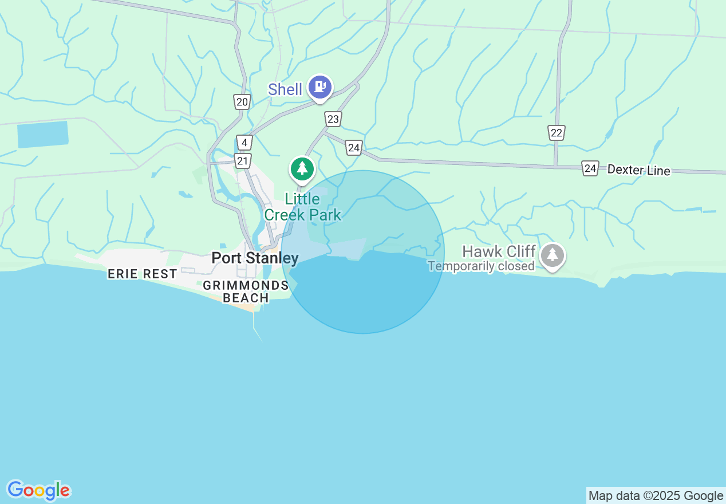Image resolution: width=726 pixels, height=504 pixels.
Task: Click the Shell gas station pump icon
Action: pyautogui.click(x=320, y=87)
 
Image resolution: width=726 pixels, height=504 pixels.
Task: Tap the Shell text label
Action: pyautogui.click(x=285, y=89)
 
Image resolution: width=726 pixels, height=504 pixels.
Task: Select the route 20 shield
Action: pyautogui.click(x=242, y=102)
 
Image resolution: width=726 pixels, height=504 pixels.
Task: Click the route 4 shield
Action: pyautogui.click(x=244, y=143)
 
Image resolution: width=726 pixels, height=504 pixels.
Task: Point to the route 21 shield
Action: pyautogui.click(x=243, y=161)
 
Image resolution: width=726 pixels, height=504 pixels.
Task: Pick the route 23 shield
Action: pyautogui.click(x=333, y=119)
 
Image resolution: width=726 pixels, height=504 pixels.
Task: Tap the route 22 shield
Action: pyautogui.click(x=556, y=133)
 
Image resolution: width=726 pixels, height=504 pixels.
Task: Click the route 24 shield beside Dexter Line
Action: pyautogui.click(x=590, y=168)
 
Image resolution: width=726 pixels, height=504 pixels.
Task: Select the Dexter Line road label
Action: pyautogui.click(x=638, y=170)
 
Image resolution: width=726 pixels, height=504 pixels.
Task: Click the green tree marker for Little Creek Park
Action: pyautogui.click(x=302, y=168)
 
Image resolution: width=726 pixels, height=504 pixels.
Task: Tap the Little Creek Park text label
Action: pyautogui.click(x=302, y=207)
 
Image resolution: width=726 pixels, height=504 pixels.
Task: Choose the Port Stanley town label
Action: pyautogui.click(x=255, y=258)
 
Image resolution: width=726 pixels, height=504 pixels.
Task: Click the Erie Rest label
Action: pyautogui.click(x=143, y=274)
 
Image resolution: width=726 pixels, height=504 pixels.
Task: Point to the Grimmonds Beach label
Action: pyautogui.click(x=246, y=292)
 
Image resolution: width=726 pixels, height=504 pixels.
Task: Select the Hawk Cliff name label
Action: pyautogui.click(x=499, y=251)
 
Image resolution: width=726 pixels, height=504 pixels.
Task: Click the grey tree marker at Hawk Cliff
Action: pyautogui.click(x=552, y=255)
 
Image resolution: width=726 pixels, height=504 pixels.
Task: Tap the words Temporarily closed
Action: pyautogui.click(x=481, y=266)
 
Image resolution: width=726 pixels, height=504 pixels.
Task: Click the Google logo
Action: pyautogui.click(x=39, y=490)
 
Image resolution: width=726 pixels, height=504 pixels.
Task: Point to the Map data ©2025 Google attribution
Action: pyautogui.click(x=656, y=496)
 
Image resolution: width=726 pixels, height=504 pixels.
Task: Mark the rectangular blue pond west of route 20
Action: pyautogui.click(x=43, y=134)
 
